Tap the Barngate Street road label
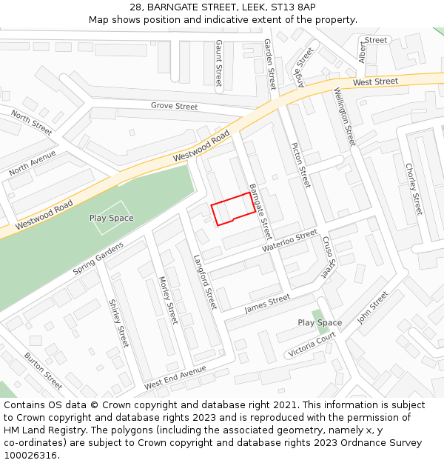260,211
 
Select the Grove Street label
174,106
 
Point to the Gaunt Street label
218,64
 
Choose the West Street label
375,81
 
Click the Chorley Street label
413,188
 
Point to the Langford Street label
205,282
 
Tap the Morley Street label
168,300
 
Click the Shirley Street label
118,323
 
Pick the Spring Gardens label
98,259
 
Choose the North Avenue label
33,163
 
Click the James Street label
267,302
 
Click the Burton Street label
43,371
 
